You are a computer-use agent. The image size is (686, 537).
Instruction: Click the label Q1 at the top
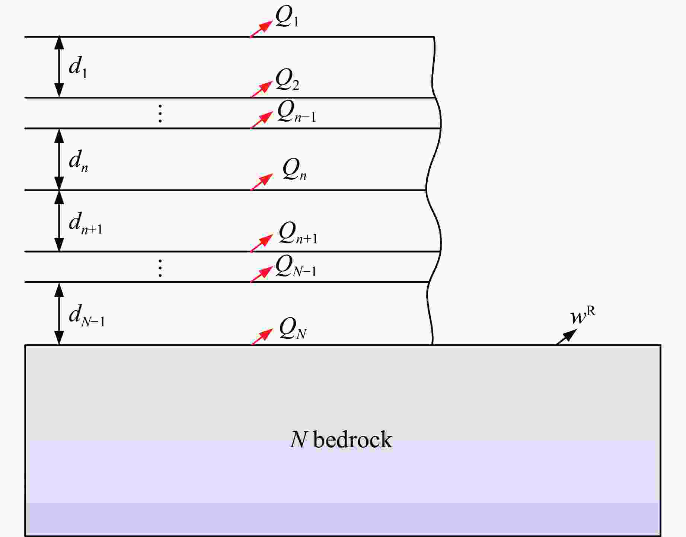pos(287,17)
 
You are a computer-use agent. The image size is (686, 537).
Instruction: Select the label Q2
pos(287,80)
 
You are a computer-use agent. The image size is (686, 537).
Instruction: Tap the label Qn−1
pos(296,112)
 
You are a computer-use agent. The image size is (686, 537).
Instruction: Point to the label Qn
pos(294,170)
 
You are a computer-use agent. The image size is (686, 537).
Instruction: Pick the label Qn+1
pos(298,233)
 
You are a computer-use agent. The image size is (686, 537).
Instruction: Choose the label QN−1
pos(296,266)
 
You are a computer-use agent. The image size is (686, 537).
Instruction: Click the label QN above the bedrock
pos(293,329)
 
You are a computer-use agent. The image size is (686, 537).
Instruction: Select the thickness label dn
pos(79,161)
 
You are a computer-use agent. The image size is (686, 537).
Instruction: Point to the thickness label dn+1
pos(86,223)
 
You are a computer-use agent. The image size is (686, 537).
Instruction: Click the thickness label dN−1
pos(87,316)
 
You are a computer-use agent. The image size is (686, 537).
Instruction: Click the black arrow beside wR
pos(566,337)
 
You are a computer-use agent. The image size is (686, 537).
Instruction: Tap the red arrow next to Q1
pos(261,29)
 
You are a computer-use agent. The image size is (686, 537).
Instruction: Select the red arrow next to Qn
pos(262,182)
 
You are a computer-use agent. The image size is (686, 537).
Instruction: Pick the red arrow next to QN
pos(262,337)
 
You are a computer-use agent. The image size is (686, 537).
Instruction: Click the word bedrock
pos(353,439)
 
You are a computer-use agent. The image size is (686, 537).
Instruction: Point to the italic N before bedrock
pos(298,439)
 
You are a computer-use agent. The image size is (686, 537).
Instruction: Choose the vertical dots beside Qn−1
pos(160,114)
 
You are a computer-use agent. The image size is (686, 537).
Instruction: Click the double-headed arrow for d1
pos(59,67)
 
